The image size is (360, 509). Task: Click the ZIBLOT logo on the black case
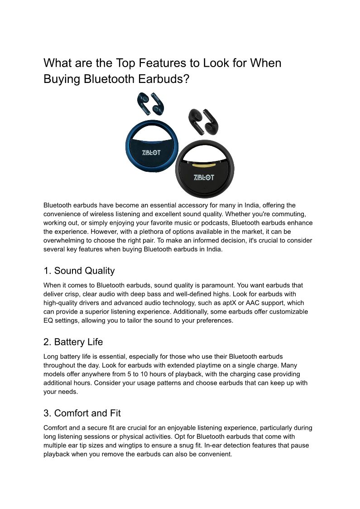[x=204, y=176]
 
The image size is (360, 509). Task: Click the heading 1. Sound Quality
[x=79, y=271]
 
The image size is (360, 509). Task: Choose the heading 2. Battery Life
[x=73, y=342]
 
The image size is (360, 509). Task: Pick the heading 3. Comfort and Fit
[x=82, y=413]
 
